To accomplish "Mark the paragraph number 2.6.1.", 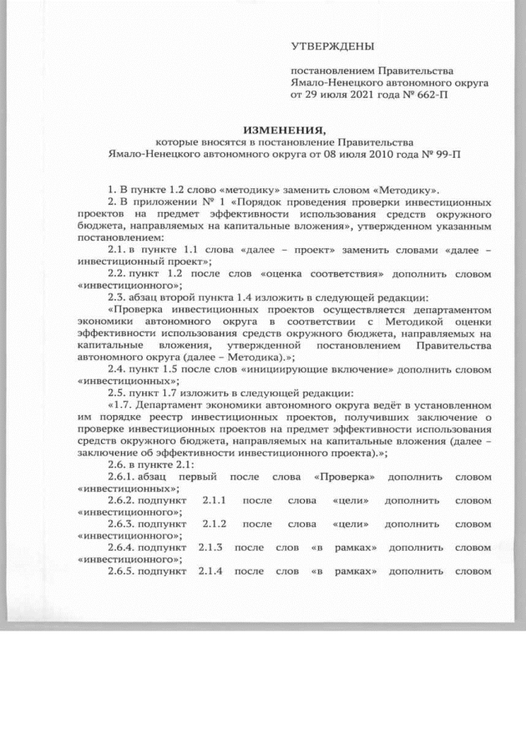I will [x=127, y=477].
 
